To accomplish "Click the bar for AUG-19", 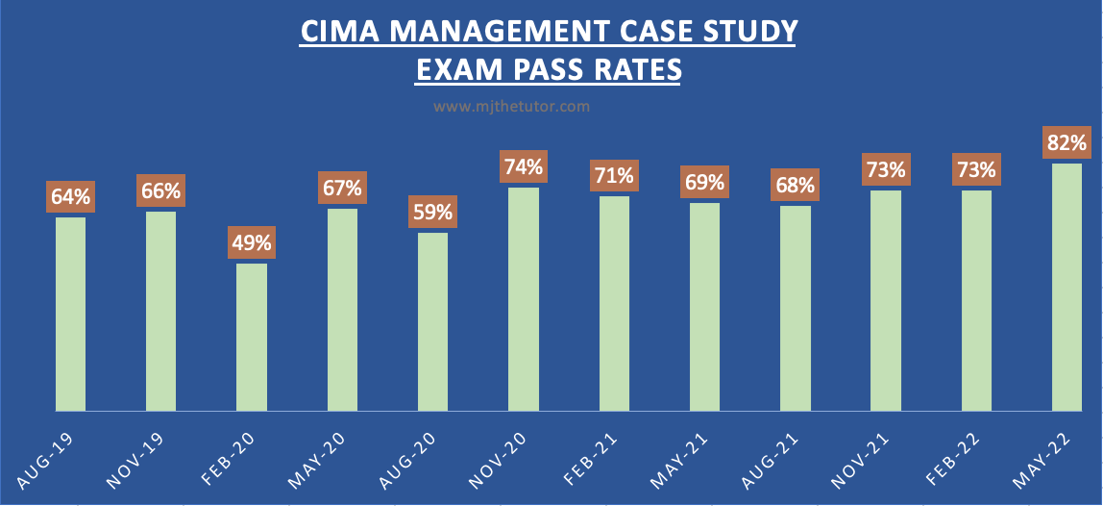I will pos(70,314).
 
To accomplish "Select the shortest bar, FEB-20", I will pos(252,337).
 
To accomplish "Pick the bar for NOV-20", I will pos(524,299).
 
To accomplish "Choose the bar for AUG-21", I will pos(796,308).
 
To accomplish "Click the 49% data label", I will pos(252,242).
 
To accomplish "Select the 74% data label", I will pos(524,166).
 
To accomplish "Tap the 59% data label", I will pos(433,212).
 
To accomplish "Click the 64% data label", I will pos(71,196).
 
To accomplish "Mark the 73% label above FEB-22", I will pos(976,169).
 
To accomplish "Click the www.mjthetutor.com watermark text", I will pos(511,106).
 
